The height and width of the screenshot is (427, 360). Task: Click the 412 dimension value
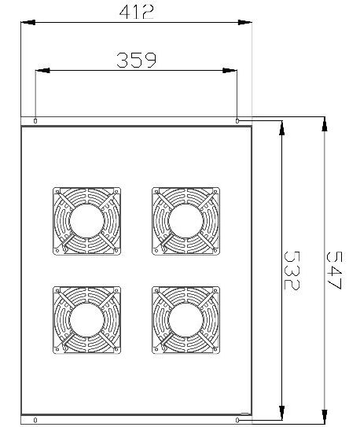pyautogui.click(x=136, y=13)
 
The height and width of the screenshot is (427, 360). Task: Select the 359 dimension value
pyautogui.click(x=136, y=60)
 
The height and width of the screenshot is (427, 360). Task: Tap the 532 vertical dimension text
pyautogui.click(x=292, y=270)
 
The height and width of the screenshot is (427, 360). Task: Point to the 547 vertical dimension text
pyautogui.click(x=334, y=270)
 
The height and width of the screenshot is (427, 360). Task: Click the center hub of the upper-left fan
pyautogui.click(x=86, y=221)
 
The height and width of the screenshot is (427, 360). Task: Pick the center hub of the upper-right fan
pyautogui.click(x=186, y=221)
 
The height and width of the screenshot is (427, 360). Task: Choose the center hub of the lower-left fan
pyautogui.click(x=86, y=320)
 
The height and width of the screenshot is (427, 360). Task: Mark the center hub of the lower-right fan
pyautogui.click(x=186, y=320)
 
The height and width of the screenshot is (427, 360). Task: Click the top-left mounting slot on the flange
pyautogui.click(x=35, y=121)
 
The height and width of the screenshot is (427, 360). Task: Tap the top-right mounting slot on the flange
pyautogui.click(x=237, y=121)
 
